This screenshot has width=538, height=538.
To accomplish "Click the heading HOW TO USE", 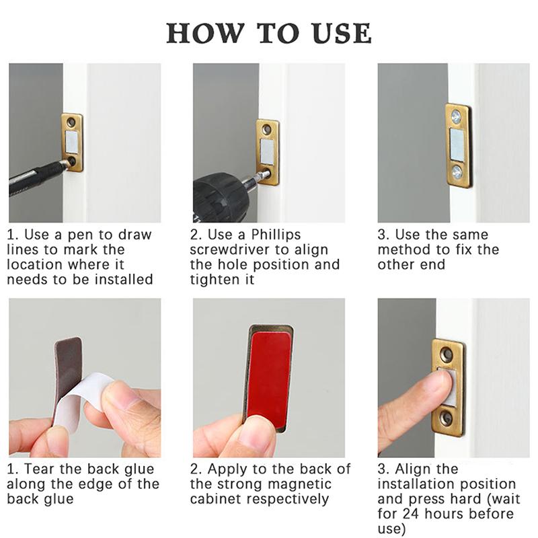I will (x=268, y=32).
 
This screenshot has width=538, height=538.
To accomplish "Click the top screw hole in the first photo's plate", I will (x=71, y=123).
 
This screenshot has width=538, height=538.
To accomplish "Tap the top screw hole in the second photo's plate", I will (x=267, y=128).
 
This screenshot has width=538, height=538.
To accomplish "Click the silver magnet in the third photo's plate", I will (x=457, y=144).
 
